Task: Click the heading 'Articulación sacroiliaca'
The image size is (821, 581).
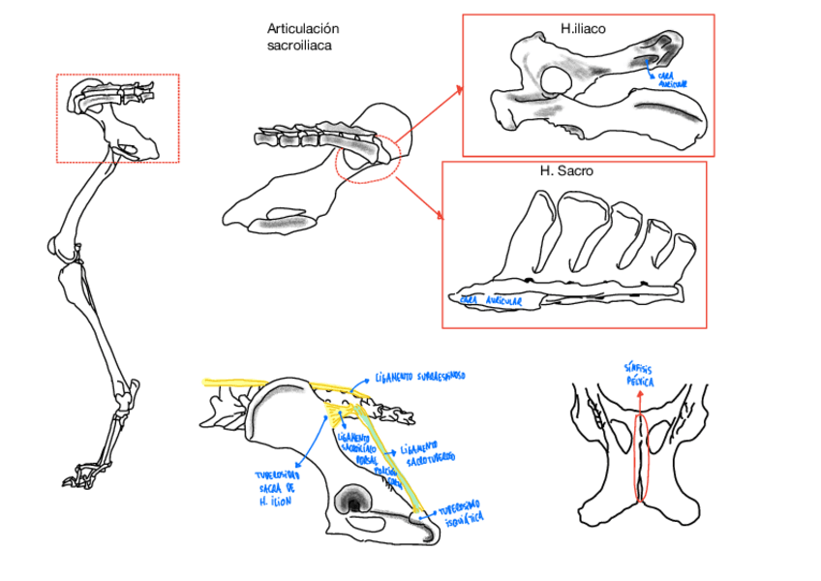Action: tap(303, 37)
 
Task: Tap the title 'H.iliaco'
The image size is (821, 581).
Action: tap(583, 29)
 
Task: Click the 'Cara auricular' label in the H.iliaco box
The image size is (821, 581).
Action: tap(672, 79)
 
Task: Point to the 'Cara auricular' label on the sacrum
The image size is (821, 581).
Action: tap(491, 301)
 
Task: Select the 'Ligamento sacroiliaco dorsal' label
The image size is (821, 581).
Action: tap(356, 447)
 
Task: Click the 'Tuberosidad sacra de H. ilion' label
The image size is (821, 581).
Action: tap(277, 488)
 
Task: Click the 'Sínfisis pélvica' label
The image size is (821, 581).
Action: tap(639, 376)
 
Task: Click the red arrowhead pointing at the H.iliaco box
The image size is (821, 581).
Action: tap(459, 89)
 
